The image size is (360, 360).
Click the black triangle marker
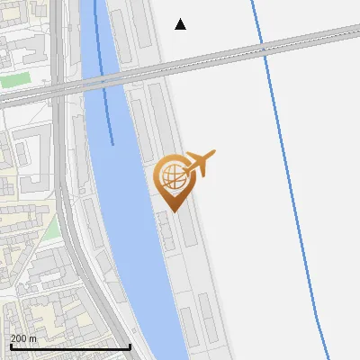(180, 24)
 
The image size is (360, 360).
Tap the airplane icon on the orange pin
(201, 163)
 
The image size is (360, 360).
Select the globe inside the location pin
(173, 175)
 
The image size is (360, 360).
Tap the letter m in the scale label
(33, 338)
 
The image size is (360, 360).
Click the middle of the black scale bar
(70, 346)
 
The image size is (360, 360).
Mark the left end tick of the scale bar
(11, 346)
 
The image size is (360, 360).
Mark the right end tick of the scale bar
(130, 346)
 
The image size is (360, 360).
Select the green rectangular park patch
(13, 79)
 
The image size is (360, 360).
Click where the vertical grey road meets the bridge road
(58, 88)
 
